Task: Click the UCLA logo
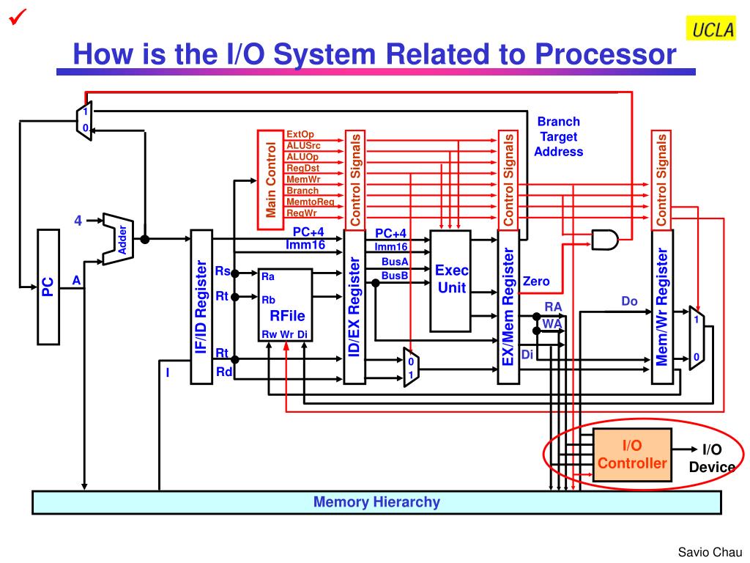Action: click(x=710, y=29)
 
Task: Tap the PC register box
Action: click(x=48, y=286)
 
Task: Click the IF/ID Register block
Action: click(x=201, y=306)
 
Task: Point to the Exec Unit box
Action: click(x=450, y=280)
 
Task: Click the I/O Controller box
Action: click(x=632, y=455)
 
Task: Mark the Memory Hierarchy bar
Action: click(x=376, y=502)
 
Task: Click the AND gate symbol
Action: click(x=605, y=239)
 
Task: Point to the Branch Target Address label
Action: click(x=558, y=136)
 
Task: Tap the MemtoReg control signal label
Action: click(x=310, y=202)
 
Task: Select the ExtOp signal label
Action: click(x=300, y=134)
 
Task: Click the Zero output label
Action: click(x=536, y=281)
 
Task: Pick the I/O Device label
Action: click(x=711, y=458)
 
